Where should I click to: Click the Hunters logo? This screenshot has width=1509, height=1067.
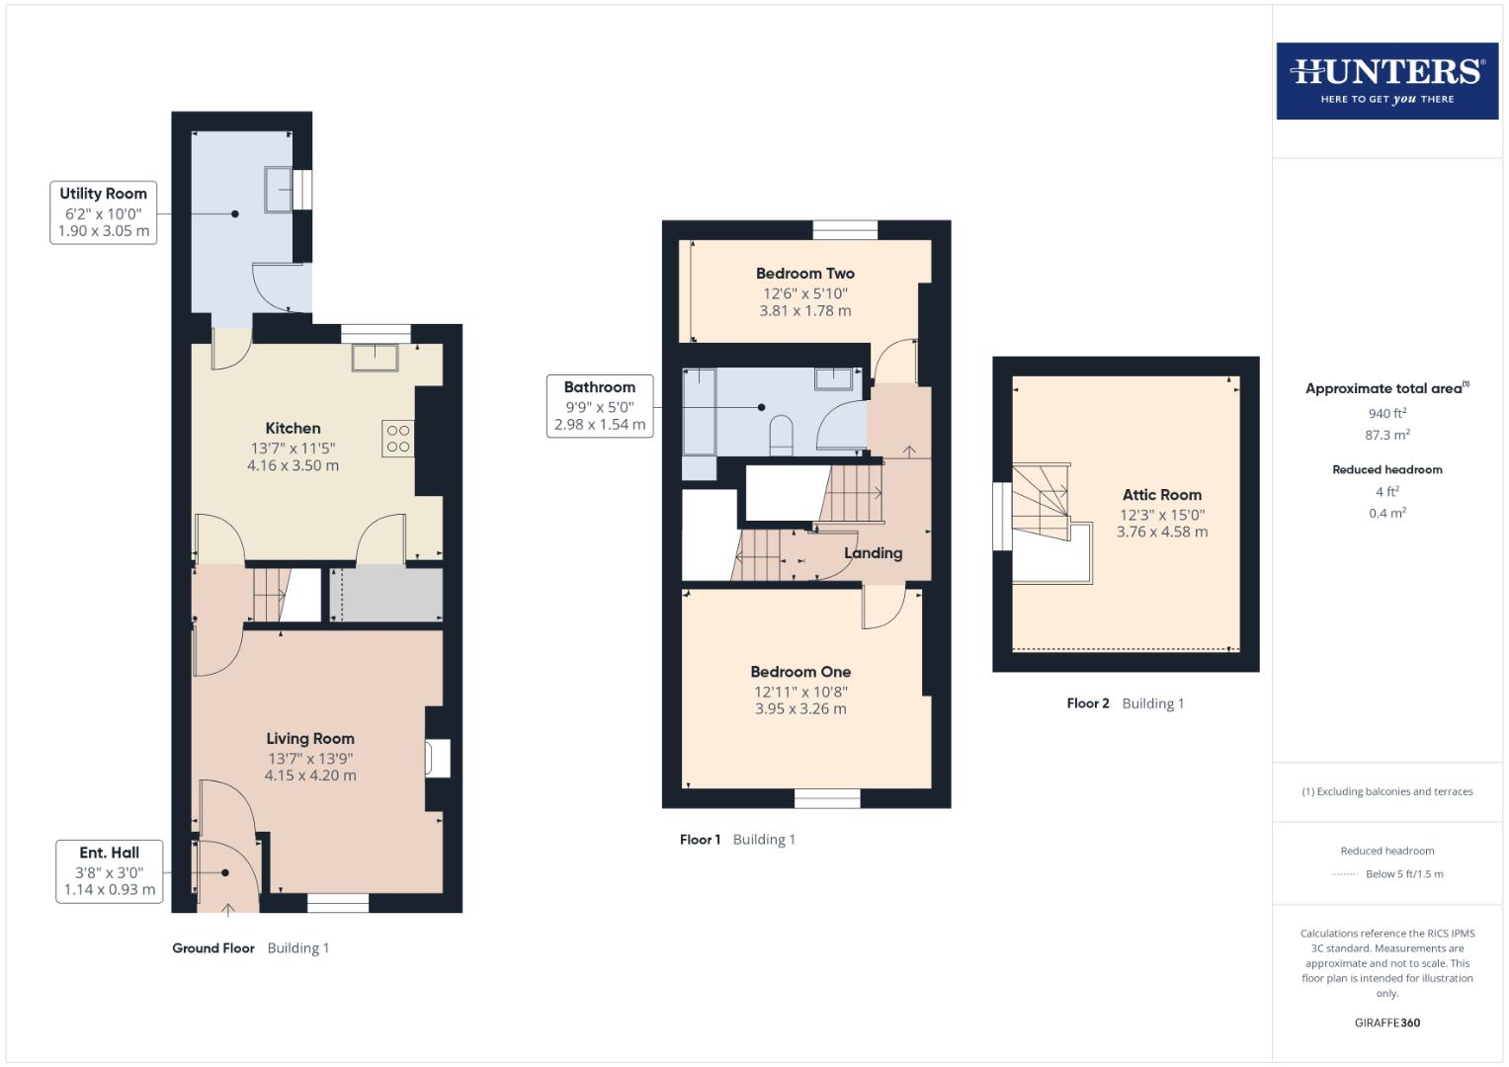click(1386, 80)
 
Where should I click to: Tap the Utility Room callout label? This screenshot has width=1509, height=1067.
click(103, 211)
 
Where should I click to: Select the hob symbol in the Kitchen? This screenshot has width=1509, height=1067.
click(397, 439)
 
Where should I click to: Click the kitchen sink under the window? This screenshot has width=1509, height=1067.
click(375, 357)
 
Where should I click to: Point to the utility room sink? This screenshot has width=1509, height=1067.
click(278, 189)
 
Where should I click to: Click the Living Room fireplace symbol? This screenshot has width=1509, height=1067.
click(436, 758)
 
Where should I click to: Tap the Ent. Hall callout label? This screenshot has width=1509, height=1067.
click(109, 870)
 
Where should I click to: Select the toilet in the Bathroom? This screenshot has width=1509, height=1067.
click(781, 436)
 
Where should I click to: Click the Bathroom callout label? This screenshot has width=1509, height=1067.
click(599, 405)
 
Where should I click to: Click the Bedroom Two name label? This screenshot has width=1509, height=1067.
click(804, 274)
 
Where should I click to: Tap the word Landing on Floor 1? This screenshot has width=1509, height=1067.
click(873, 553)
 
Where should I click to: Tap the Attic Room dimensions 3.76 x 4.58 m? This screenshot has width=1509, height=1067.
click(1161, 532)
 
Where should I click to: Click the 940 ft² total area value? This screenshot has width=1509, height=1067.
click(1386, 413)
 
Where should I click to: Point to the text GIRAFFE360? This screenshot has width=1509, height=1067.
click(1386, 1023)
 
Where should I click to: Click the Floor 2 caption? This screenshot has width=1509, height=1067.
click(1087, 703)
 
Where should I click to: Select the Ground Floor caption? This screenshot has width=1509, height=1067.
click(212, 947)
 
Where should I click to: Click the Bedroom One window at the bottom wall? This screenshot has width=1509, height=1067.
click(827, 798)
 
